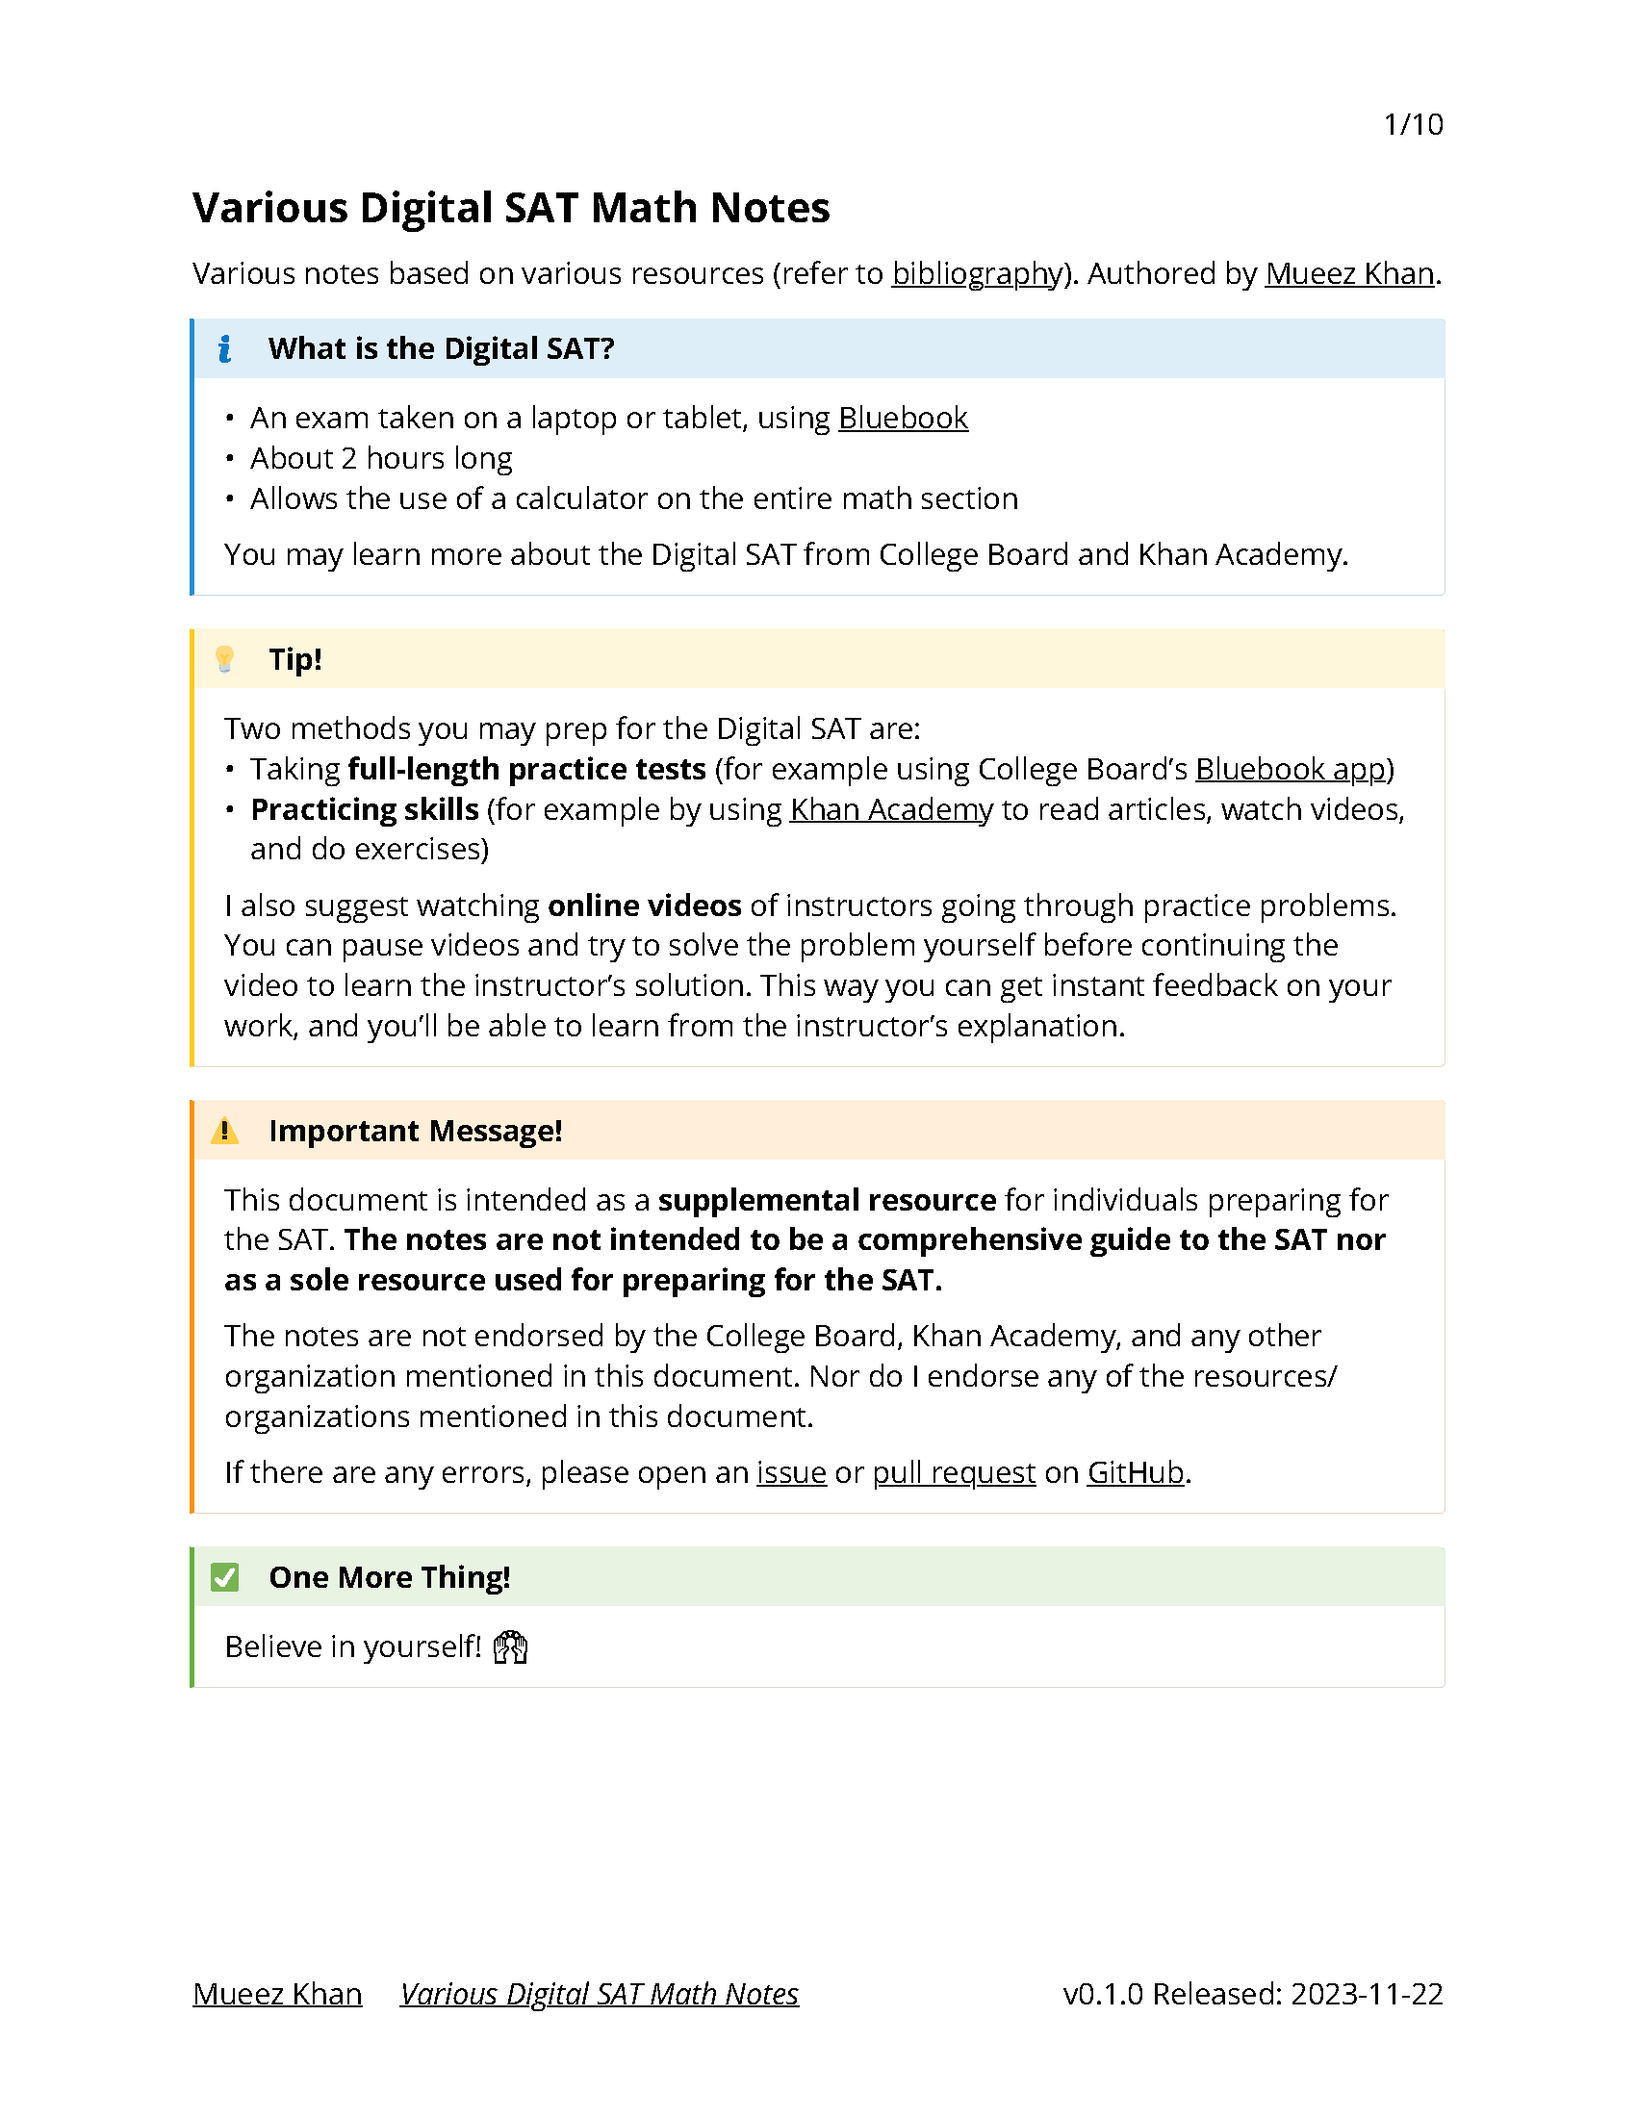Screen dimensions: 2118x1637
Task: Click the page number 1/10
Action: point(1412,124)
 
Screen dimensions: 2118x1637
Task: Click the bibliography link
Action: point(976,273)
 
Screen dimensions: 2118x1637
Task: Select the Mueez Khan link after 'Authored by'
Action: point(1349,273)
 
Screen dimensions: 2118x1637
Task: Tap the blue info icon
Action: point(225,348)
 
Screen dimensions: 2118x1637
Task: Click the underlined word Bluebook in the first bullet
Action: point(902,418)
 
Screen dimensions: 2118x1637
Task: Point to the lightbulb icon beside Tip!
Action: point(225,659)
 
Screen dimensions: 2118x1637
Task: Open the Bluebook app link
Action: point(1290,769)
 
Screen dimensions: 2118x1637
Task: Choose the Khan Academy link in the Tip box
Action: point(890,808)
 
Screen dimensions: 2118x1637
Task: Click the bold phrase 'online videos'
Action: point(644,906)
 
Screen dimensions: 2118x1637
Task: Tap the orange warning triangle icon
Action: point(225,1131)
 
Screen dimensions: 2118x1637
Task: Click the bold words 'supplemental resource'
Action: point(827,1201)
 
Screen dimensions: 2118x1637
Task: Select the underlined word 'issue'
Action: point(791,1472)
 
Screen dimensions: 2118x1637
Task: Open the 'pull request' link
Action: point(954,1472)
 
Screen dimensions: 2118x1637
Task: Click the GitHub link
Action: point(1135,1472)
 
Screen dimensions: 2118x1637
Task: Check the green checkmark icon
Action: point(225,1577)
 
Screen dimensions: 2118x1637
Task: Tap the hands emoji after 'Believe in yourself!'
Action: point(510,1646)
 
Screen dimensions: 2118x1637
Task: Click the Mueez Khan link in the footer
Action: point(277,1994)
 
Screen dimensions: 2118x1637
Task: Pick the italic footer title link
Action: point(600,1994)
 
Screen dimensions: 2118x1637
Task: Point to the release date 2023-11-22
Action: point(1367,1994)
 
